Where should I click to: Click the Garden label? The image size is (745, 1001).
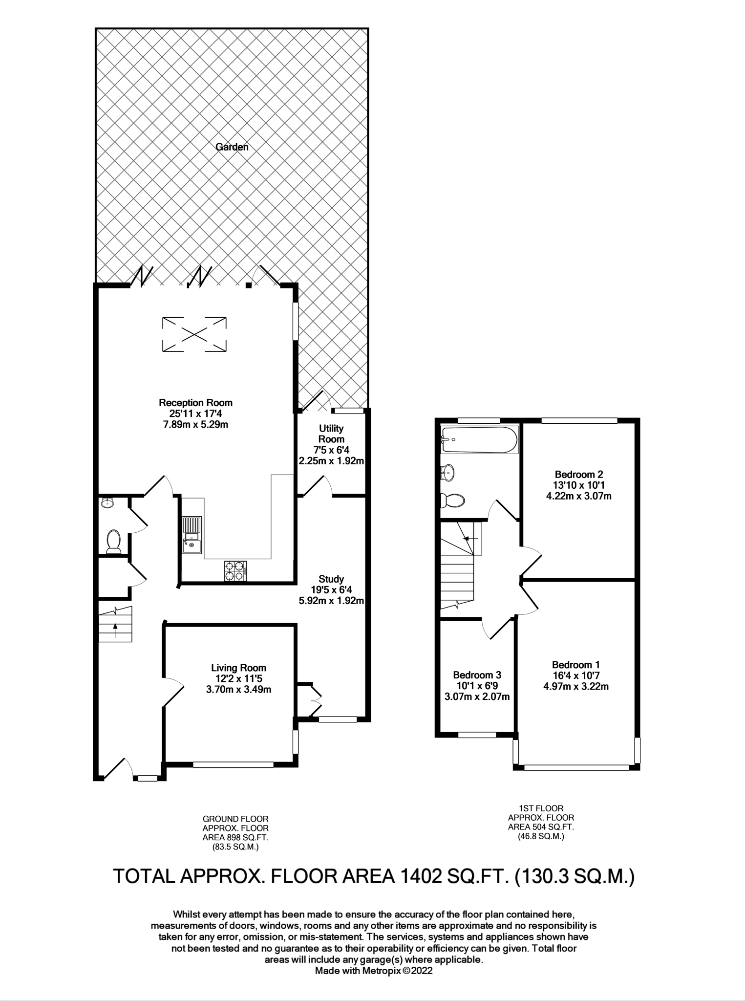232,147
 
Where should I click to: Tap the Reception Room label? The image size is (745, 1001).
195,403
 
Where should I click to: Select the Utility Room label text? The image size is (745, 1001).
331,434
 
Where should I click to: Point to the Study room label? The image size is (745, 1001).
331,579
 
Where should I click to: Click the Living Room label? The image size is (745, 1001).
238,668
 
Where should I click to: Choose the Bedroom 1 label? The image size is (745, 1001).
576,665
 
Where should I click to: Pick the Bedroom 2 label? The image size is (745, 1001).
579,474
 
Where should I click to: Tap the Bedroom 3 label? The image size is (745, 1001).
477,675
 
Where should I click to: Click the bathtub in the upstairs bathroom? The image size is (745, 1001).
479,439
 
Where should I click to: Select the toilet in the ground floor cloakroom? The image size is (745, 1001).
113,542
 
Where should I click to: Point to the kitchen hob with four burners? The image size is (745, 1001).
236,571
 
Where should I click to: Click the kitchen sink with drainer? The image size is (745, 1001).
192,535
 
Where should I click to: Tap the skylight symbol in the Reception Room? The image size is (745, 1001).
194,334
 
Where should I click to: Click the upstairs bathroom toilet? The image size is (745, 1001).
452,500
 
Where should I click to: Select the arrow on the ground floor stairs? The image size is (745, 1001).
115,631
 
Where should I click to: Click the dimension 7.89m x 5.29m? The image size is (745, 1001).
195,424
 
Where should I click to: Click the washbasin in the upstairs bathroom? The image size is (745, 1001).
447,473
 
